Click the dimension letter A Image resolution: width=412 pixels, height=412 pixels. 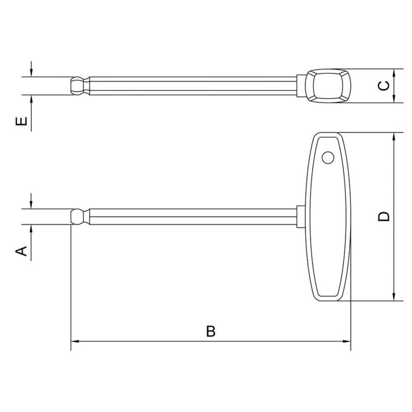(22, 250)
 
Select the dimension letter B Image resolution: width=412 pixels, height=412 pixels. (211, 331)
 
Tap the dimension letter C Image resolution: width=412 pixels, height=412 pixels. (384, 85)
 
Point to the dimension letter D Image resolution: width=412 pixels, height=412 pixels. (384, 216)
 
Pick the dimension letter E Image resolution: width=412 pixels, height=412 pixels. (22, 122)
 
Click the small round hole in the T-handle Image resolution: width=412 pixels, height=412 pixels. (328, 158)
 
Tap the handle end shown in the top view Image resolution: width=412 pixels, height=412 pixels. (328, 86)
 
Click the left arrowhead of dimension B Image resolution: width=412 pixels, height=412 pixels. (75, 342)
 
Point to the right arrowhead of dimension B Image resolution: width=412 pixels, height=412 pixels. (347, 342)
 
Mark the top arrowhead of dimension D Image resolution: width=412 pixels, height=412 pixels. (395, 136)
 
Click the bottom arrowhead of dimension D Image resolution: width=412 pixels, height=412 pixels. (395, 297)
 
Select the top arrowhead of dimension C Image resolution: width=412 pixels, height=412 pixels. (395, 72)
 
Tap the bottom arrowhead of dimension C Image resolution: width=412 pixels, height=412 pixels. (395, 99)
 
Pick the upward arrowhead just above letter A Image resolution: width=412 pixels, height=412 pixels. (31, 229)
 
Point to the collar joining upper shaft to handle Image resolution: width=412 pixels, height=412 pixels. (301, 86)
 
